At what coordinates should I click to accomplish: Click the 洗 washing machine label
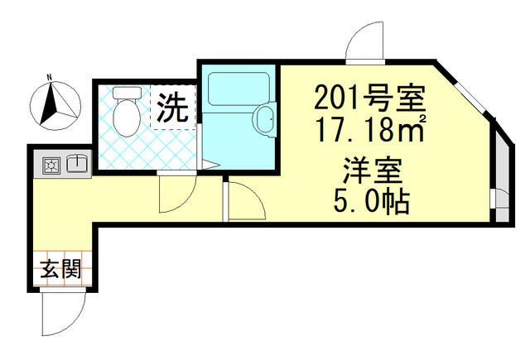[x=173, y=107]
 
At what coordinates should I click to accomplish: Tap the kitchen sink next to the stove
[x=77, y=165]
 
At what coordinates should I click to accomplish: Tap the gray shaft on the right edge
[x=500, y=174]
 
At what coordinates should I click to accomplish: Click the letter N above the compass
[x=49, y=79]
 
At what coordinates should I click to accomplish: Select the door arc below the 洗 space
[x=176, y=195]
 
